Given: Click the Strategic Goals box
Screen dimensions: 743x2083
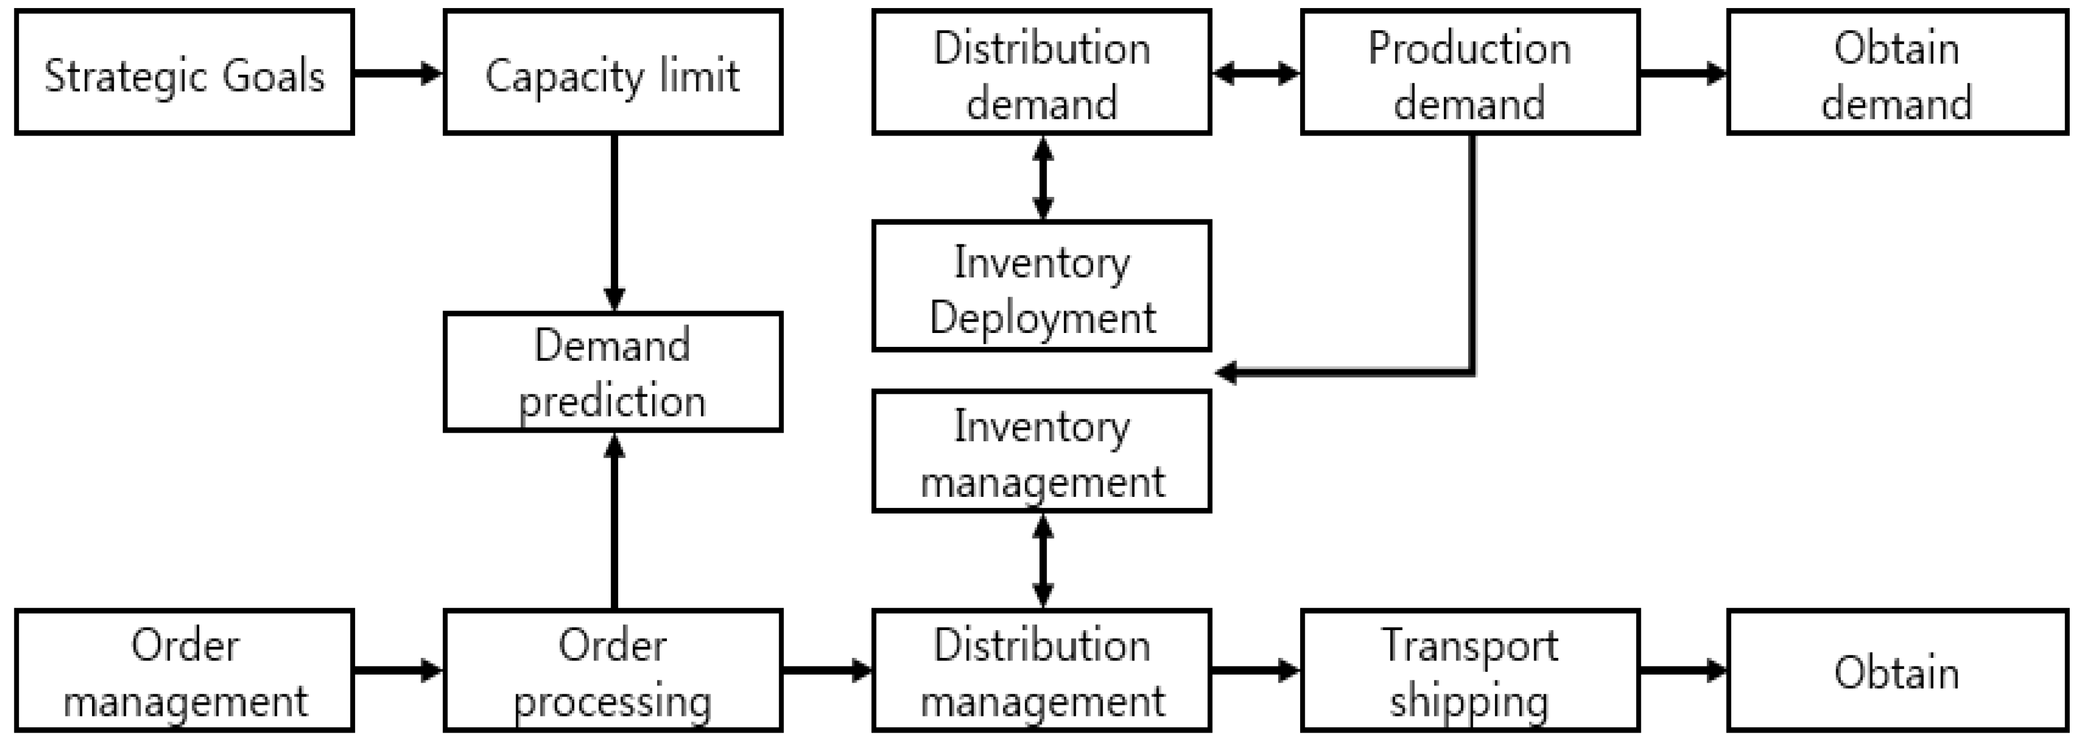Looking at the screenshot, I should point(184,73).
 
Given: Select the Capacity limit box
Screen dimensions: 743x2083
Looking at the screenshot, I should point(613,73).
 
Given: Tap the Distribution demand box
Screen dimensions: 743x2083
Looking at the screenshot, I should point(1042,73).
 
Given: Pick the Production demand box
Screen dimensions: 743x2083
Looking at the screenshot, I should point(1469,73).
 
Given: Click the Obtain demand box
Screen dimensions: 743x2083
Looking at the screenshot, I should point(1897,73).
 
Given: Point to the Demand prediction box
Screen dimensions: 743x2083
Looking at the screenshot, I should point(613,372).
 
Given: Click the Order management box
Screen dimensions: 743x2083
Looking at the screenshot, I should point(184,671).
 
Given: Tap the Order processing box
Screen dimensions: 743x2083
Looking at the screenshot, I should point(613,671).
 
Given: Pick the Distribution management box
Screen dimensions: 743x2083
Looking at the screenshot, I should point(1042,671).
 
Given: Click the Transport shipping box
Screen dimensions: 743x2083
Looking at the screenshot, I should point(1469,671).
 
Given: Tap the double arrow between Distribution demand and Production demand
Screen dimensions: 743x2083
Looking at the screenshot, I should point(1256,74).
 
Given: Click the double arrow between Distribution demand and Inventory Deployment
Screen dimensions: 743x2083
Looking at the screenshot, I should point(1043,178).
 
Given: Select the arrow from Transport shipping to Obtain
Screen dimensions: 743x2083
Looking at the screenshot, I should point(1683,670).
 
